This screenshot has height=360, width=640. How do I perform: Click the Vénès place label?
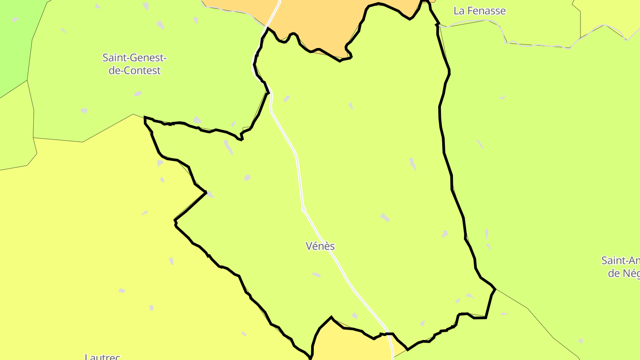(x=320, y=246)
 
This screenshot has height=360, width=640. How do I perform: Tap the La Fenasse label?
(x=480, y=11)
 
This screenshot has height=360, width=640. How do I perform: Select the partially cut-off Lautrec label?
(x=102, y=356)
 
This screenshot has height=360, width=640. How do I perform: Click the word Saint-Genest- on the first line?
(x=134, y=58)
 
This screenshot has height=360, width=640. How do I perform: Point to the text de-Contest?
(x=134, y=71)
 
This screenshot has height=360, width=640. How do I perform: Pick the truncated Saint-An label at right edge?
(x=620, y=260)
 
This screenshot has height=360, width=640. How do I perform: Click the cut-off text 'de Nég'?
(x=624, y=273)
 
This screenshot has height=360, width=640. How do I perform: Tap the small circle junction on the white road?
(x=304, y=209)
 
